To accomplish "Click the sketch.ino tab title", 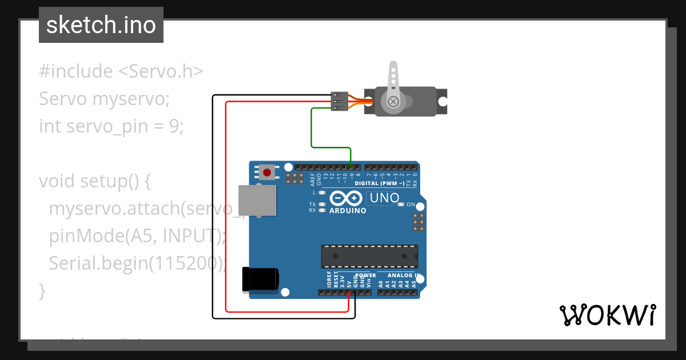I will point(101,25).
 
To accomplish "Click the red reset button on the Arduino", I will point(267,171).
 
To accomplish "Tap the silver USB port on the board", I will point(257,201).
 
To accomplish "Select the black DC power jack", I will point(260,279).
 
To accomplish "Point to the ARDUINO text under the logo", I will point(348,210).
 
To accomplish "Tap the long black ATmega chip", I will point(369,256).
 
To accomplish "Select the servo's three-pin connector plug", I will point(340,101).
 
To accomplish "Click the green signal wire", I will point(312,129).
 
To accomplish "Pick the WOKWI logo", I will point(607,315).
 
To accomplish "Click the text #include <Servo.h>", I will point(121,71).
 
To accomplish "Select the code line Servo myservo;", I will point(104,99).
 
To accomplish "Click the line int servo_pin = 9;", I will point(111,126).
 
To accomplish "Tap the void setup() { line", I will point(94,181).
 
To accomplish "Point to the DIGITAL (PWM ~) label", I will point(380,183).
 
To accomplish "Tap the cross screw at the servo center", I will point(393,102).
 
